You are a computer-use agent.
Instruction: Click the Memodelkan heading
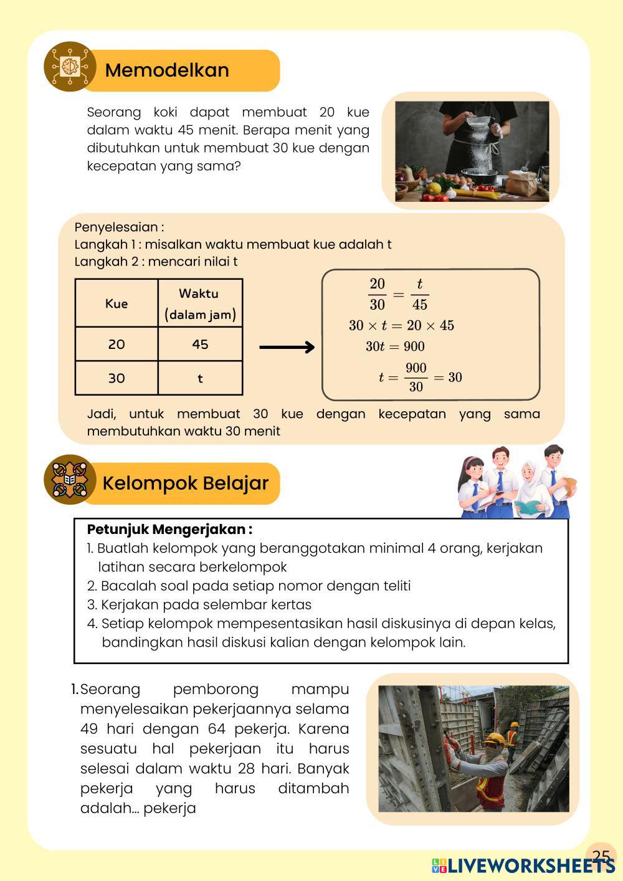[x=167, y=70]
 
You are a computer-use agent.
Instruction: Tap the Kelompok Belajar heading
[x=185, y=483]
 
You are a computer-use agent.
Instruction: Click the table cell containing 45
[x=200, y=344]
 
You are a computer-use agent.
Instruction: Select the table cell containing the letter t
[x=200, y=378]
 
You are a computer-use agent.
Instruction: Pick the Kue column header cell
[x=117, y=303]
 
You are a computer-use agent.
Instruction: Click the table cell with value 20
[x=117, y=344]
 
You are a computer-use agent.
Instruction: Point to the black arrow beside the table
[x=287, y=347]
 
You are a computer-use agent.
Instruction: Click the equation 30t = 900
[x=395, y=346]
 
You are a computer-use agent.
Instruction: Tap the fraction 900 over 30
[x=416, y=377]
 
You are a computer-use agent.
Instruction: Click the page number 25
[x=601, y=855]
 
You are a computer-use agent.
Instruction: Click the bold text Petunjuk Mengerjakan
[x=169, y=530]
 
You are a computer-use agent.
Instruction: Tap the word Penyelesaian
[x=118, y=227]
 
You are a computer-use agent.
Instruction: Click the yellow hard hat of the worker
[x=495, y=739]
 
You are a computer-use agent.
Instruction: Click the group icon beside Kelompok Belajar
[x=68, y=480]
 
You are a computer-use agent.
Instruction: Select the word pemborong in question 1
[x=216, y=690]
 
